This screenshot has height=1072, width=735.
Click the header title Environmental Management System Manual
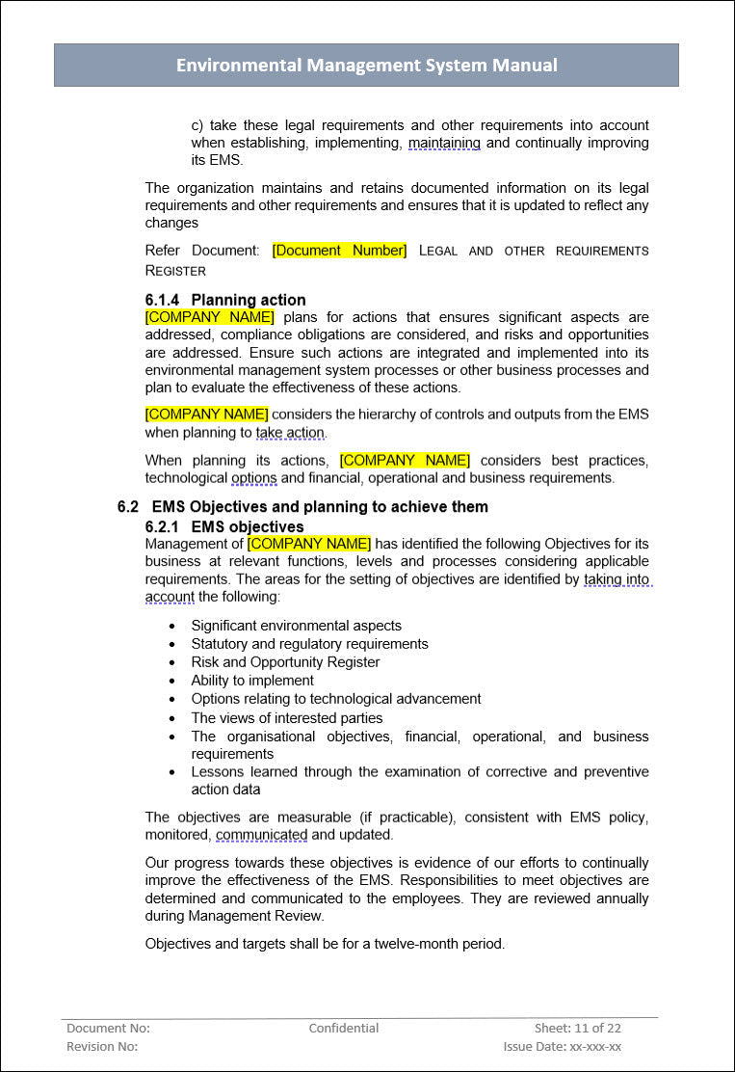(x=366, y=66)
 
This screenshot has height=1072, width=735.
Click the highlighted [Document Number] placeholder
(x=339, y=251)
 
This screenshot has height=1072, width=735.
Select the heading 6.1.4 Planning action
(x=225, y=300)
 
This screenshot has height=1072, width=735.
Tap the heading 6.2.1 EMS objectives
(x=224, y=526)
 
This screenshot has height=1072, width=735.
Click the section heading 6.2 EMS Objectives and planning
(x=302, y=507)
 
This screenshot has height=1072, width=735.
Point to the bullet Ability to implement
(x=252, y=681)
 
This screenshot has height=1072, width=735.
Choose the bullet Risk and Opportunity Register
(x=285, y=662)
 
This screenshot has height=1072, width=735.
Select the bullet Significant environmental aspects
(x=296, y=626)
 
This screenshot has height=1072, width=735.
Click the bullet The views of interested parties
(x=286, y=718)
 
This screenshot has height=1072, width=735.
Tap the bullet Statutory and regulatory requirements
(x=309, y=644)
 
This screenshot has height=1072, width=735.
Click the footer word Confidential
(x=343, y=1028)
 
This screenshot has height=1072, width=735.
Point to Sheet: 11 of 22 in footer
(x=578, y=1028)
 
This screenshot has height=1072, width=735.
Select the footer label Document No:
(x=108, y=1028)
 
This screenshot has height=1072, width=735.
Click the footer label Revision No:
(x=102, y=1046)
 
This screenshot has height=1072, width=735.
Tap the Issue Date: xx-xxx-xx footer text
(x=562, y=1046)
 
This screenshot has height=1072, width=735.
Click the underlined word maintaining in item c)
(x=444, y=143)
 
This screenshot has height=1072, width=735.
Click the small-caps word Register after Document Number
(x=175, y=271)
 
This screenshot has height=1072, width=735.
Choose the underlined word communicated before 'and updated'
(x=261, y=835)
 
